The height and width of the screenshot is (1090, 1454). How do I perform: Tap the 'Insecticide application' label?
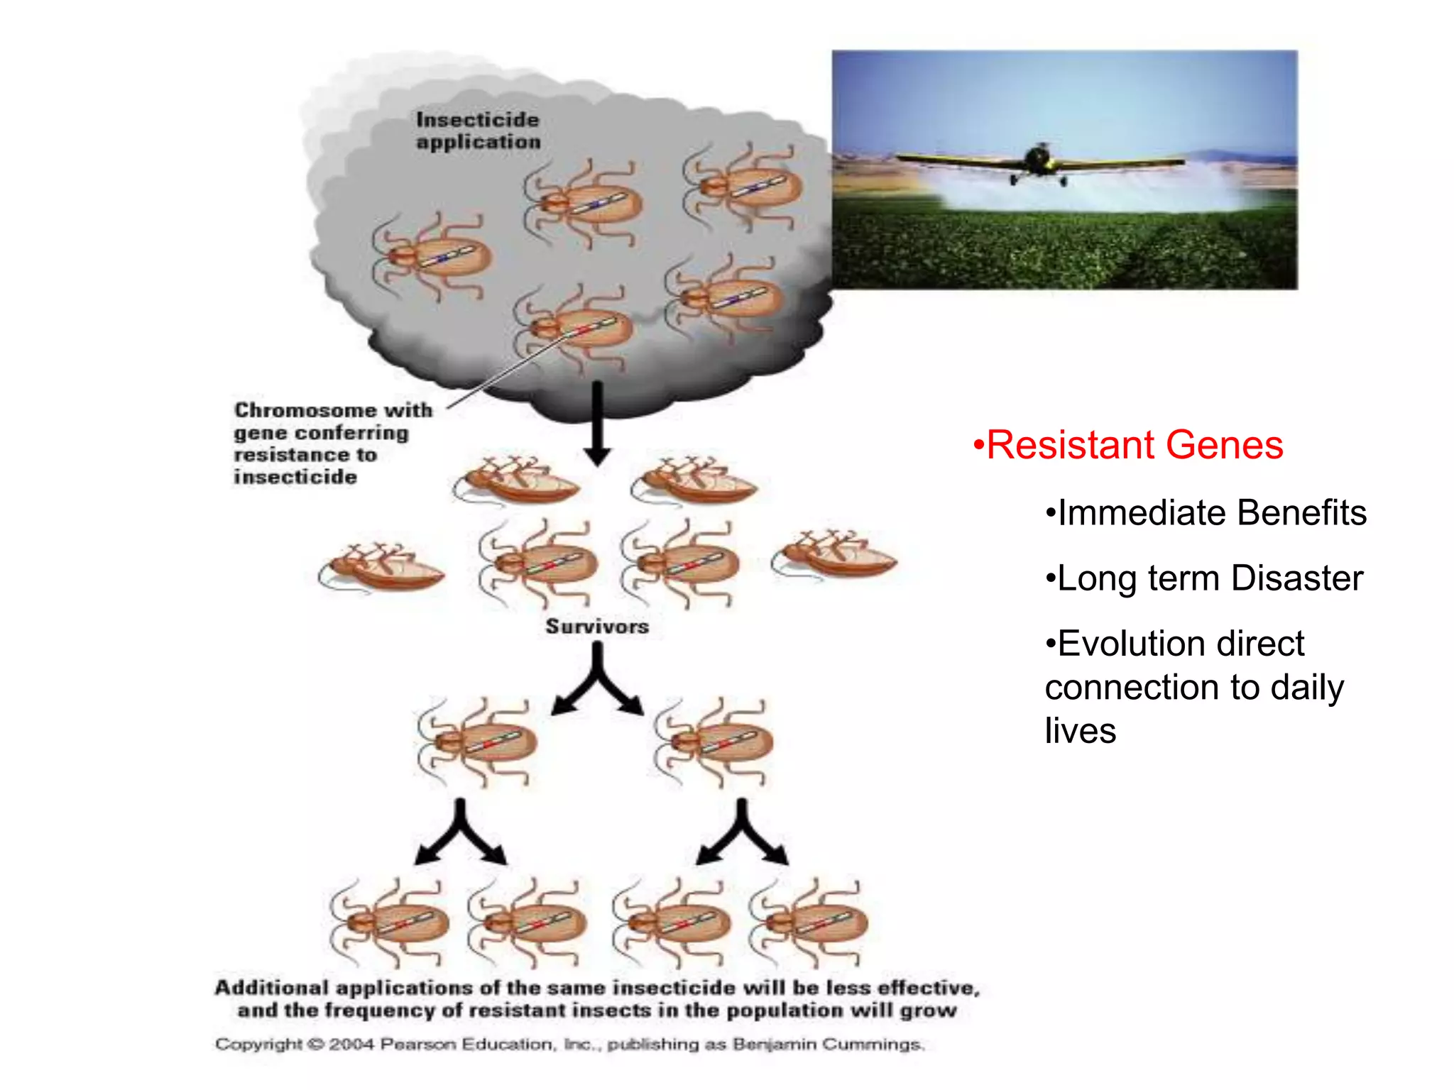pos(478,131)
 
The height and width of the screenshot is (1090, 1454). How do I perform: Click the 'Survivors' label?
pos(597,627)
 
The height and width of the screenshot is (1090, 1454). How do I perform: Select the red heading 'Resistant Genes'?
pos(1135,445)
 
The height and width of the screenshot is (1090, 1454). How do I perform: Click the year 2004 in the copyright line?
pos(351,1045)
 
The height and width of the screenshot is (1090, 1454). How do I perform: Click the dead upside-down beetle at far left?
pos(382,567)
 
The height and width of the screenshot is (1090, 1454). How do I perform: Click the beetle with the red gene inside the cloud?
pos(579,329)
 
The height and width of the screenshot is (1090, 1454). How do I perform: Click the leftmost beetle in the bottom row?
pos(393,923)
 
